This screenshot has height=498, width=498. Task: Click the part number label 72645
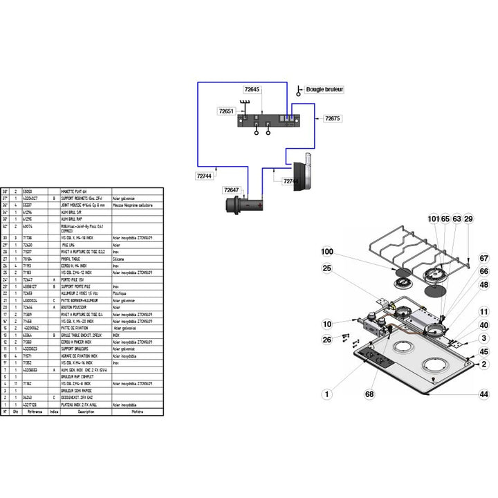[x=252, y=90]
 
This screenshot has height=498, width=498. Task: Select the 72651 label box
[x=226, y=111]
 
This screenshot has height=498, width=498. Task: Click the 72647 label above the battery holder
[x=231, y=190]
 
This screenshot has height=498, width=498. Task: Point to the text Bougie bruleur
[x=324, y=90]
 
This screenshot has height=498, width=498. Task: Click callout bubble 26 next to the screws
[x=327, y=339]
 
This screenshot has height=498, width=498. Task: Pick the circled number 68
[x=369, y=394]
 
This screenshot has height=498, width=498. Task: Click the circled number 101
[x=433, y=219]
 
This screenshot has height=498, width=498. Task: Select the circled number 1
[x=327, y=394]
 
